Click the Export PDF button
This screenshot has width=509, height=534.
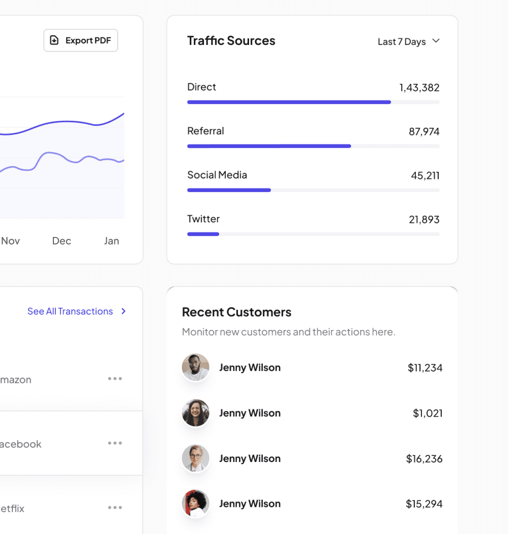[x=81, y=40]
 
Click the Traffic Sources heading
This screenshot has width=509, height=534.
[x=231, y=41]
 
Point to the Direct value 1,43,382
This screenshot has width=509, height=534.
[x=419, y=88]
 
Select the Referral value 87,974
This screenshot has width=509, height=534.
[x=424, y=132]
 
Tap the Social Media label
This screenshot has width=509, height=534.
[x=217, y=175]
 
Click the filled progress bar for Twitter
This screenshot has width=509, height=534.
[x=203, y=234]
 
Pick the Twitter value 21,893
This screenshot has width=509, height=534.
[x=424, y=220]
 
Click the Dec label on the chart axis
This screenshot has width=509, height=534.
[x=62, y=241]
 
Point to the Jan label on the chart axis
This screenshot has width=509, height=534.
[x=111, y=241]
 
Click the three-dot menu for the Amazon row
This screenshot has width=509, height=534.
[x=115, y=379]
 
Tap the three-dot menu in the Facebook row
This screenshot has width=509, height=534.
[x=115, y=443]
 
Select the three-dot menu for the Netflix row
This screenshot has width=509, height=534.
[x=115, y=507]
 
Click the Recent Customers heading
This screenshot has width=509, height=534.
[x=237, y=312]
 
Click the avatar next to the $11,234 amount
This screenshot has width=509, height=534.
[x=195, y=367]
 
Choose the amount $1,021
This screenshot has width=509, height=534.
[x=427, y=413]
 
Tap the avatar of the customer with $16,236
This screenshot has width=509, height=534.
[x=195, y=458]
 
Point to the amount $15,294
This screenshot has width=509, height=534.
[x=424, y=504]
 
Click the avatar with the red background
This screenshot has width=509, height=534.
[x=195, y=503]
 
